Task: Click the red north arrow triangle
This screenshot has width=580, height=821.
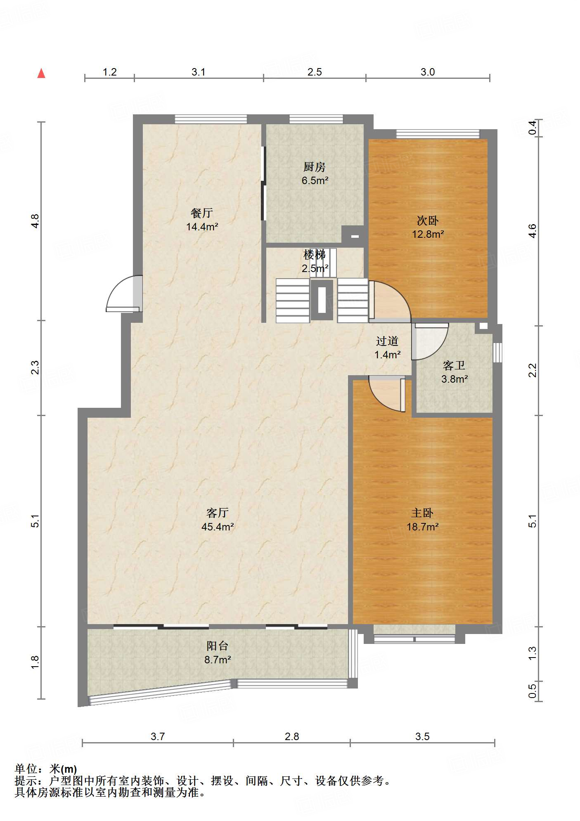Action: [x=41, y=73]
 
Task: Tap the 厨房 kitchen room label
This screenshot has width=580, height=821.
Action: [x=315, y=167]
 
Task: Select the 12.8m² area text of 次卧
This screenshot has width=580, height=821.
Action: [x=428, y=234]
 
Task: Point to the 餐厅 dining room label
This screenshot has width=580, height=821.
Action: [x=202, y=213]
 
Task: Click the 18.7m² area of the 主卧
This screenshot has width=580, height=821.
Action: [x=422, y=527]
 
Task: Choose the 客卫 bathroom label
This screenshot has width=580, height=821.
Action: [x=454, y=365]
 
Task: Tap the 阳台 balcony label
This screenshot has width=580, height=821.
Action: [x=218, y=646]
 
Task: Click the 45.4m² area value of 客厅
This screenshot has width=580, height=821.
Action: [x=218, y=527]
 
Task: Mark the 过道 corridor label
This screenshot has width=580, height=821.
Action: [x=387, y=341]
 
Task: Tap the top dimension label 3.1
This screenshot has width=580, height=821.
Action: [x=199, y=72]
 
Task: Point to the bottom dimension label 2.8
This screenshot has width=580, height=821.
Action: [x=292, y=736]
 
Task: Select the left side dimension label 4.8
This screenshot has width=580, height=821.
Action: [x=36, y=221]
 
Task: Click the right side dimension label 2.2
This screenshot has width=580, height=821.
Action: [x=533, y=370]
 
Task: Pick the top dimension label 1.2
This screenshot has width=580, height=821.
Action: [x=109, y=72]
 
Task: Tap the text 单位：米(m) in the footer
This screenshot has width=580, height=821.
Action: [x=46, y=769]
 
